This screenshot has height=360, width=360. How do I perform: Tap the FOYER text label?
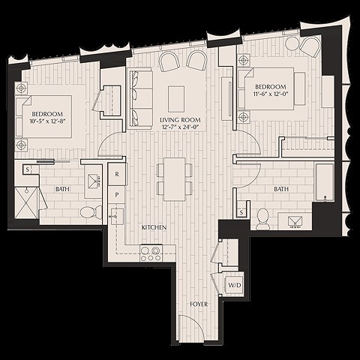pos(199,304)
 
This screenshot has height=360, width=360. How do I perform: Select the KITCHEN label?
pos(154,226)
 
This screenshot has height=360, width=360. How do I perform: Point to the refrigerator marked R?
pos(117,174)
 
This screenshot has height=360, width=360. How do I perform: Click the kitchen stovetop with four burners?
pos(151,253)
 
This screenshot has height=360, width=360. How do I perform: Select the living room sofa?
pos(138,97)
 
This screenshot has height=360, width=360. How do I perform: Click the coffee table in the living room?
pos(177,97)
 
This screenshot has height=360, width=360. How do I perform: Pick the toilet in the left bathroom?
pos(88,212)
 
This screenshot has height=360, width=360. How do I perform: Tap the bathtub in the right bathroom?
pos(325,182)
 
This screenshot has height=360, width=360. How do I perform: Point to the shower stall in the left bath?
pos(28,204)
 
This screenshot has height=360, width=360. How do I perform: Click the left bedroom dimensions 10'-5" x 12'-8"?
pos(46,115)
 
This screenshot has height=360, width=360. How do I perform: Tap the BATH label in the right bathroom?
pos(281,189)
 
